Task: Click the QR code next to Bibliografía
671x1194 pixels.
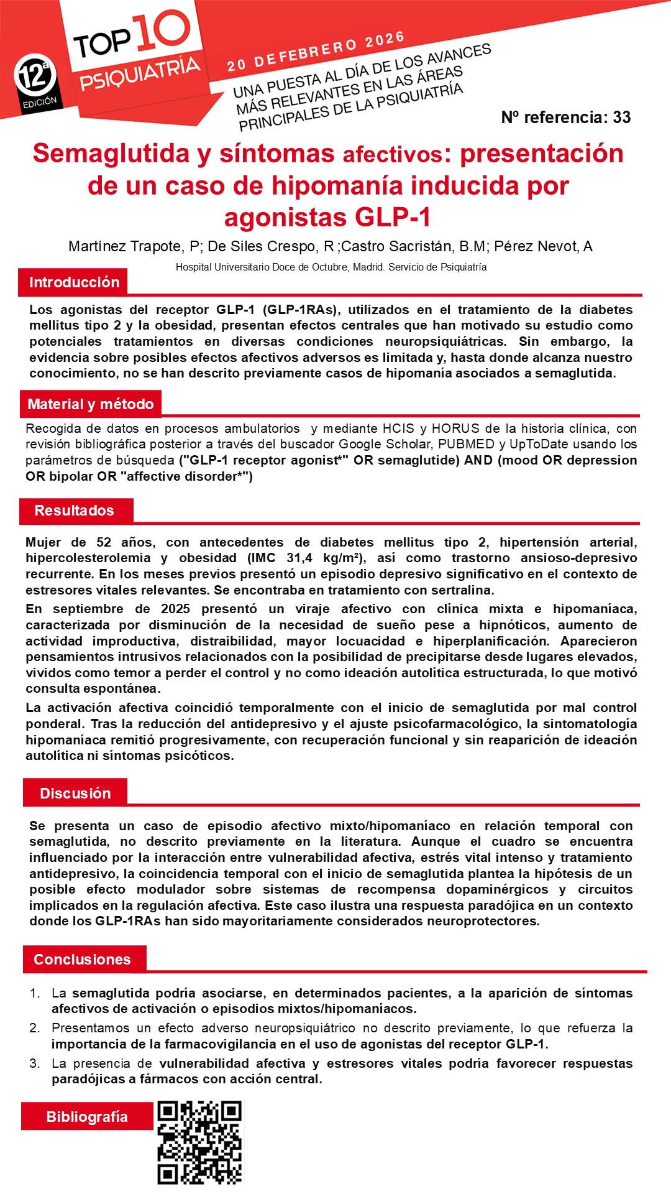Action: click(199, 1143)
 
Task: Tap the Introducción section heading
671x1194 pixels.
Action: click(74, 282)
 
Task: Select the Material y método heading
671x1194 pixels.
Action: click(90, 404)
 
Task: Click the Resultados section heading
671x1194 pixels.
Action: click(74, 511)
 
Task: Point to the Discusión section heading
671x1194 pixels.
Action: click(75, 794)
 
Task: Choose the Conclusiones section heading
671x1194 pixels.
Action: click(82, 960)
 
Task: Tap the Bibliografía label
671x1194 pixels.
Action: click(87, 1117)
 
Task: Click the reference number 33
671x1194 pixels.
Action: click(621, 118)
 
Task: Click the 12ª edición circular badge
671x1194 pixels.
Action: click(35, 78)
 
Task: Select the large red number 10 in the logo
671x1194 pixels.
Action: click(161, 30)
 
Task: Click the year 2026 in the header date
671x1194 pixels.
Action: click(385, 40)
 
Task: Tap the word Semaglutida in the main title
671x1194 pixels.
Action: click(111, 154)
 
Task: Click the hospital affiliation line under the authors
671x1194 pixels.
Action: click(331, 267)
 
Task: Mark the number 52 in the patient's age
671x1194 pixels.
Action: click(104, 542)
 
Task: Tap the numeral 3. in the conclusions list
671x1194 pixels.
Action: click(35, 1063)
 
